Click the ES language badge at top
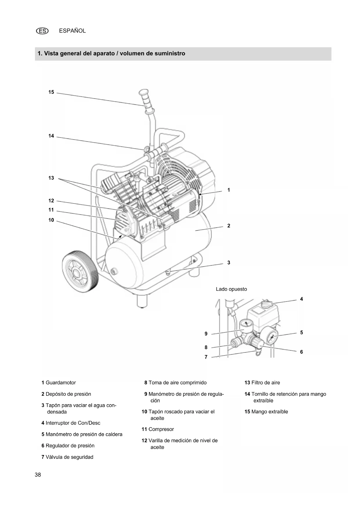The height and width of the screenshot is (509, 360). (42, 31)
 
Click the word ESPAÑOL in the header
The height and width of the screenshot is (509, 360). (72, 31)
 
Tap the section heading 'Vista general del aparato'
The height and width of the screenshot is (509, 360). (111, 54)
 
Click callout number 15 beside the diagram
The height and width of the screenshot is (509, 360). (51, 92)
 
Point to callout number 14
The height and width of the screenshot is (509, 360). (51, 136)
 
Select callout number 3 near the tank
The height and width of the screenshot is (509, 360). (229, 263)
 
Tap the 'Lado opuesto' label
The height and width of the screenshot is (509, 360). (231, 289)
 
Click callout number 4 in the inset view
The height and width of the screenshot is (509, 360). (301, 299)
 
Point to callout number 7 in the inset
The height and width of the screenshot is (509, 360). (206, 357)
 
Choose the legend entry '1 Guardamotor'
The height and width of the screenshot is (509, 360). (59, 382)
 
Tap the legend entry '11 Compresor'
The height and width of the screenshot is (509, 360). (158, 429)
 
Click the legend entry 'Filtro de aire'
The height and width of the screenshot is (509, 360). (262, 382)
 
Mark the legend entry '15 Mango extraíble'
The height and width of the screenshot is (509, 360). (266, 411)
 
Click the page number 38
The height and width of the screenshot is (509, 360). (38, 475)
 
